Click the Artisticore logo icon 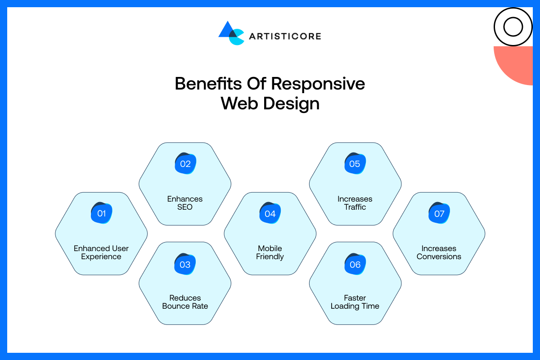coord(231,33)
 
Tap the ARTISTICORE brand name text coord(285,36)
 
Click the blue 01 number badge coord(101,213)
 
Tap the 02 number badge coord(185,164)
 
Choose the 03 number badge coord(185,265)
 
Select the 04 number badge coord(270,213)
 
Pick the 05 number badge coord(355,164)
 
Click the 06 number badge coord(355,265)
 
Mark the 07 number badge coord(439,213)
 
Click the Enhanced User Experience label coord(101,252)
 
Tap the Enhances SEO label coord(185,203)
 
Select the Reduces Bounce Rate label coord(185,302)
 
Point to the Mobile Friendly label coord(270,252)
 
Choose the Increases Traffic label coord(355,203)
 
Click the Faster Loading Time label coord(355,302)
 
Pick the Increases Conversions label coord(439,252)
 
